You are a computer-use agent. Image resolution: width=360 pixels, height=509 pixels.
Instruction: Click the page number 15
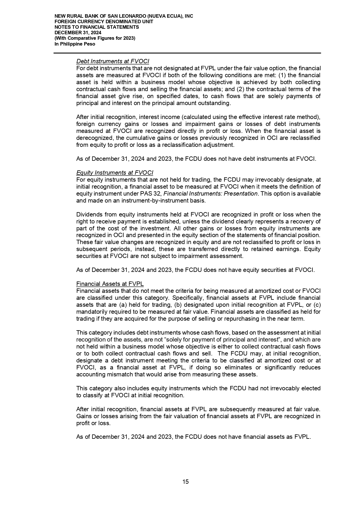186,481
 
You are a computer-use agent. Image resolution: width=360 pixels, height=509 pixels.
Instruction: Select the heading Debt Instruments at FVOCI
113,61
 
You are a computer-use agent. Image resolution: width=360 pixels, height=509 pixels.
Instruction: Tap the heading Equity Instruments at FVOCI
115,173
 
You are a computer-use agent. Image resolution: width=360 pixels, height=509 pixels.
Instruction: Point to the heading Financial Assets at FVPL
110,284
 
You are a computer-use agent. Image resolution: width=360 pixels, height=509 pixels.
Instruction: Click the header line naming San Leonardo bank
124,16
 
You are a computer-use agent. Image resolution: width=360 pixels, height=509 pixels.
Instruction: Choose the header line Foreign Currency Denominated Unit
104,22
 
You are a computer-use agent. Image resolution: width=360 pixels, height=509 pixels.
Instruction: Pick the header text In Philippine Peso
75,44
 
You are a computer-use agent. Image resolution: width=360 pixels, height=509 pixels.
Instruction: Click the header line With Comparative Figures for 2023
95,38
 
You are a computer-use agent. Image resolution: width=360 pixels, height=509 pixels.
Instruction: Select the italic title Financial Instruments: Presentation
211,194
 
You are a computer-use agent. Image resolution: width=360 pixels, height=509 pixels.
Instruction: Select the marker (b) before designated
178,305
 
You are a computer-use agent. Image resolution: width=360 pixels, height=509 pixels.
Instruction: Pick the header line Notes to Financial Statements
97,27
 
